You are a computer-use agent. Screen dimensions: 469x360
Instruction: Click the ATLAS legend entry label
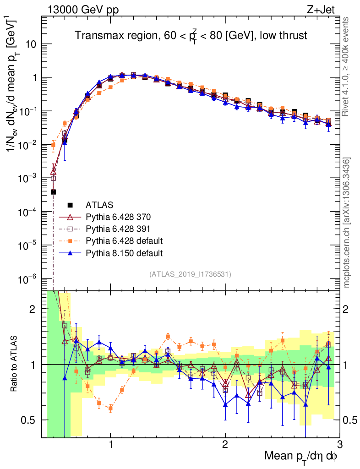(x=99, y=204)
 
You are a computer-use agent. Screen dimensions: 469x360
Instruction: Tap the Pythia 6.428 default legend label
(x=124, y=240)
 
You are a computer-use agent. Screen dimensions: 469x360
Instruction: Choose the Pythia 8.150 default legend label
(x=124, y=252)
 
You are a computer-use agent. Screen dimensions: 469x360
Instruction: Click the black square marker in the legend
(x=71, y=204)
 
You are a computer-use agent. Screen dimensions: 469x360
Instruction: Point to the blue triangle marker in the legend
(x=71, y=252)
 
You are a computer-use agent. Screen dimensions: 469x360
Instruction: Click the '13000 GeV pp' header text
(x=82, y=9)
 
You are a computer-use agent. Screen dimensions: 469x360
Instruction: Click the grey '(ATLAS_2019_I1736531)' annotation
(x=190, y=274)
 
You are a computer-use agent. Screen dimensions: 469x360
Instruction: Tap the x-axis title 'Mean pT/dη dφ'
(x=301, y=456)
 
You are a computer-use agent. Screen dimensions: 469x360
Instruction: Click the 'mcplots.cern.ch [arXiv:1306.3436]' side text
(x=347, y=223)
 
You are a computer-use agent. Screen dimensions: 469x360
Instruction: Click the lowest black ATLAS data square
(x=53, y=192)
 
